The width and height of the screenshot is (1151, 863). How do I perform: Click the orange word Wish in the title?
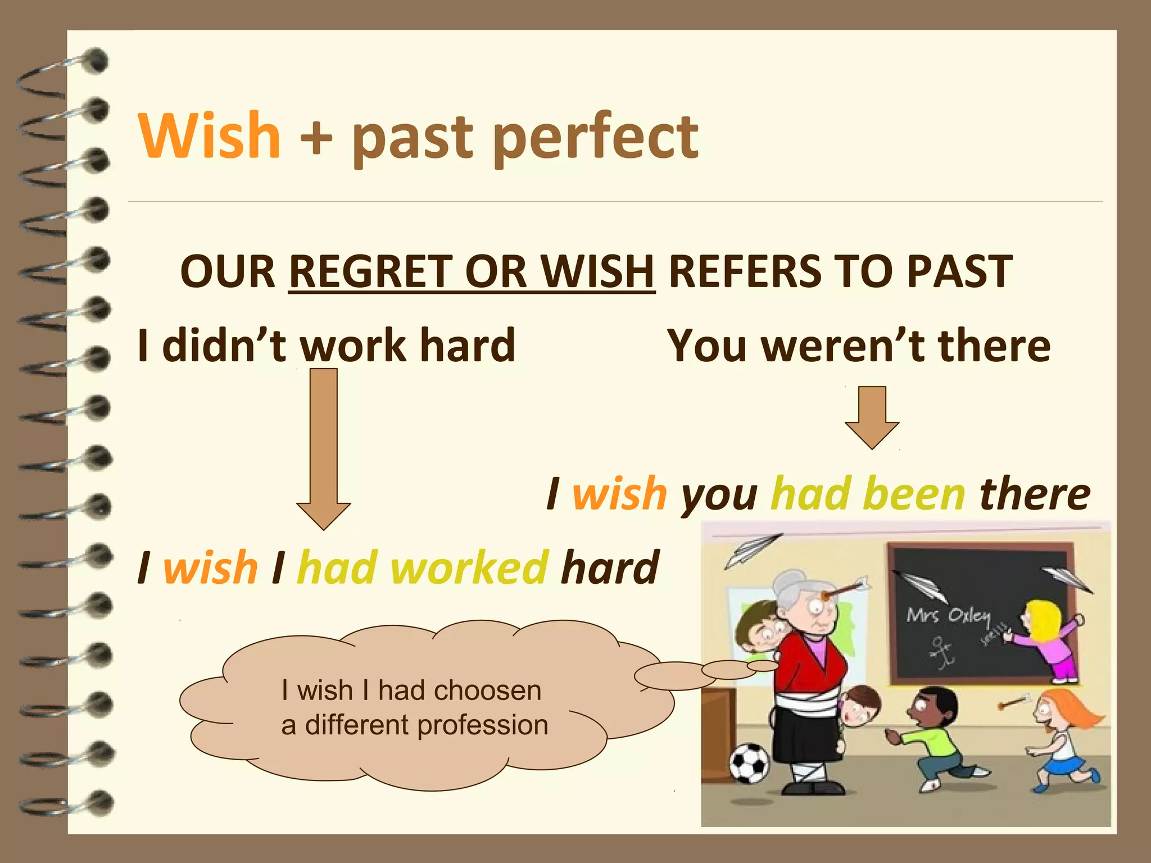click(209, 137)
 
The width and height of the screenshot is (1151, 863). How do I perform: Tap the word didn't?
click(224, 346)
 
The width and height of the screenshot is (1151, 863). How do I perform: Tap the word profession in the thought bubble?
click(483, 725)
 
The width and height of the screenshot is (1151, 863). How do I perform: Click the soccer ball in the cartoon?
click(749, 763)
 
